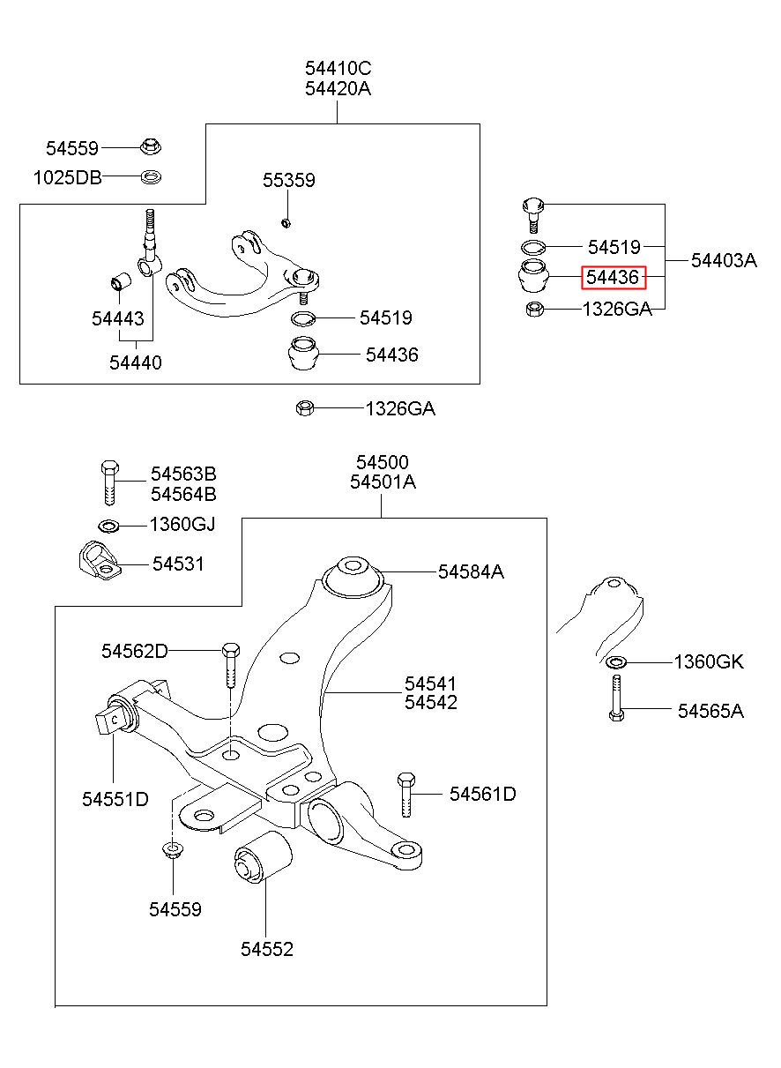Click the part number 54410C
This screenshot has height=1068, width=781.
(x=338, y=69)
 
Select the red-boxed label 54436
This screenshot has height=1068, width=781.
(x=613, y=277)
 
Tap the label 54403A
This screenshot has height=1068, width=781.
(x=724, y=261)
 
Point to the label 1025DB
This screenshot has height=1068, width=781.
(x=68, y=178)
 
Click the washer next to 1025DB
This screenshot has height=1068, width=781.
(x=151, y=177)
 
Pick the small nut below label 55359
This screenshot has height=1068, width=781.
(x=286, y=222)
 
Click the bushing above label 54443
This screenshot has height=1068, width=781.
(x=121, y=282)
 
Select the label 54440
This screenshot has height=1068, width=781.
(x=136, y=362)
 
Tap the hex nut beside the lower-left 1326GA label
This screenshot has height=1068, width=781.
(x=304, y=408)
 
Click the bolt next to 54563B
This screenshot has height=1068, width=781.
(x=110, y=482)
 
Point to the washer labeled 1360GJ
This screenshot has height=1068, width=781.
(x=108, y=526)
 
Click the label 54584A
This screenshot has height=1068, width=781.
(x=471, y=571)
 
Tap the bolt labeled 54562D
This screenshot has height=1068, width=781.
(x=231, y=665)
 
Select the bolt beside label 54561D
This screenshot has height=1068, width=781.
(x=405, y=795)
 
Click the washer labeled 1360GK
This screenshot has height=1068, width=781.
(x=616, y=661)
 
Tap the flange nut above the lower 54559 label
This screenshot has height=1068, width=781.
(x=173, y=849)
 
